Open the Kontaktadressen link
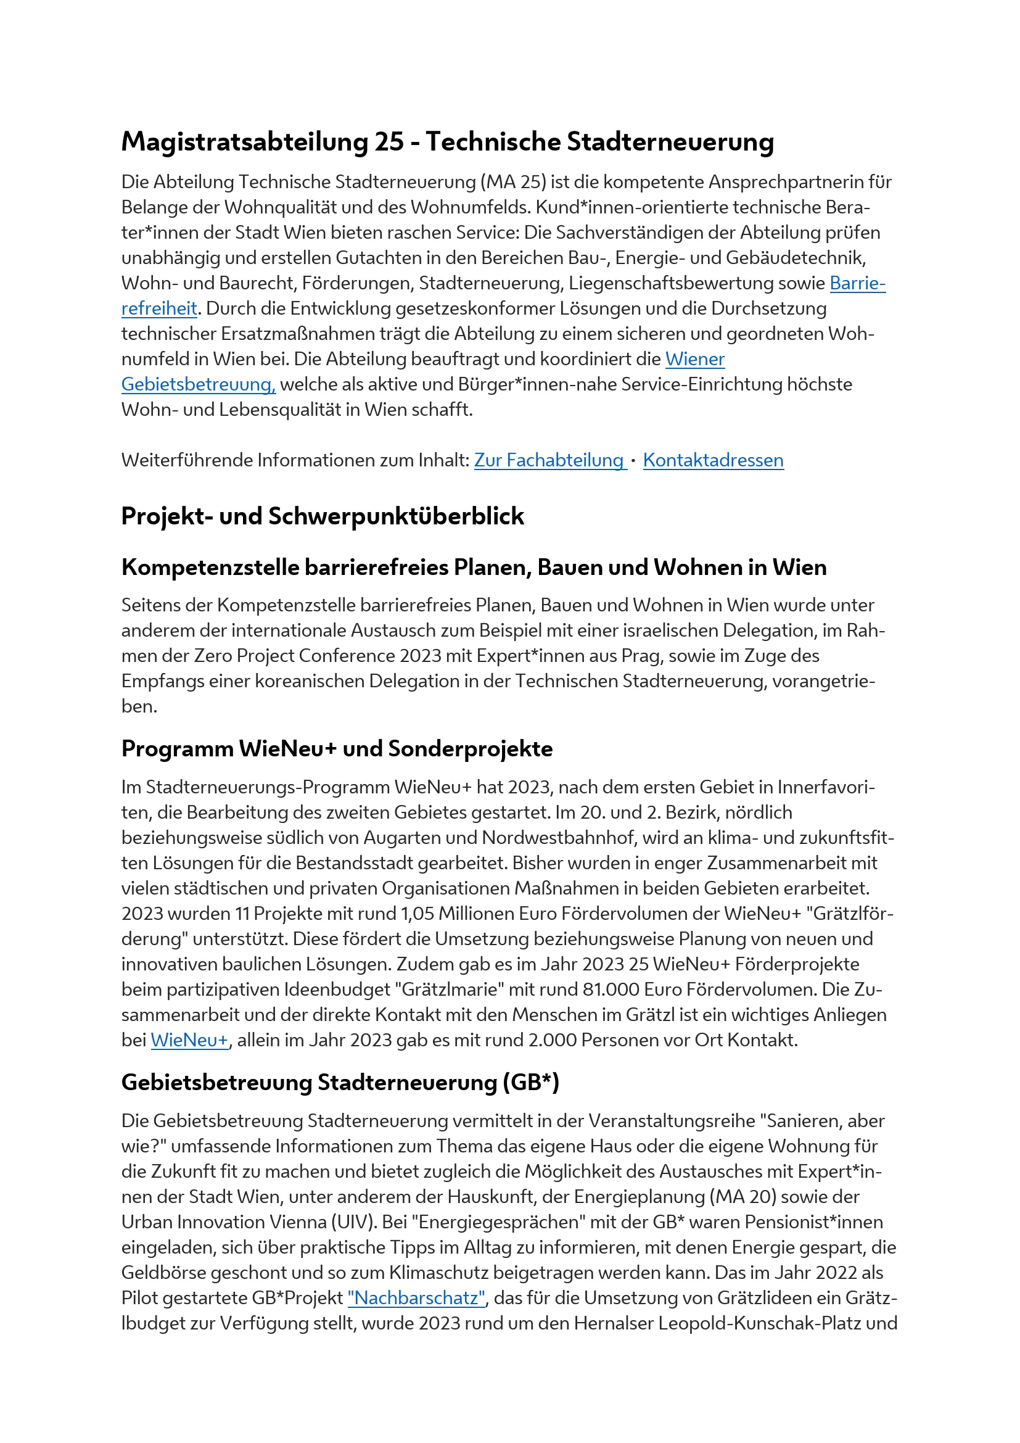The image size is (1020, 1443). coord(713,461)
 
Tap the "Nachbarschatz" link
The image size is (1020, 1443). coord(416,1298)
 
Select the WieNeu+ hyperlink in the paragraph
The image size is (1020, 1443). coord(190,1040)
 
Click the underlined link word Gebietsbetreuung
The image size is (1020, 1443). coord(198,384)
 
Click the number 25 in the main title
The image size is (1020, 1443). coord(389,141)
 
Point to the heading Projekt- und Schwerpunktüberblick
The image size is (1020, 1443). coord(322,516)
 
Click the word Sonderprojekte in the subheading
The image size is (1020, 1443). coord(470,748)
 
